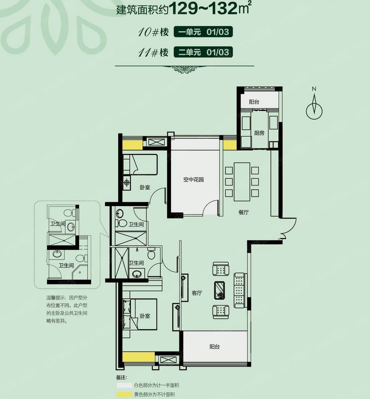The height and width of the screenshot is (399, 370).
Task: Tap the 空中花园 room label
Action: click(x=194, y=180)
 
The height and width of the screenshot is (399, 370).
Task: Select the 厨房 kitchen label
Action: click(x=259, y=133)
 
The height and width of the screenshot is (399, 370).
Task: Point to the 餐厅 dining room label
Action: click(x=244, y=212)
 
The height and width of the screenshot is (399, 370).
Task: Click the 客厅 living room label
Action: click(x=197, y=293)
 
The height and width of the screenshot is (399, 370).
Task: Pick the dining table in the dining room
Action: click(x=242, y=182)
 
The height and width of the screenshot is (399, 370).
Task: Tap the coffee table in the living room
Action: click(x=219, y=290)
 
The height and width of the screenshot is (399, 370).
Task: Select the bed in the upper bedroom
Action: click(x=140, y=165)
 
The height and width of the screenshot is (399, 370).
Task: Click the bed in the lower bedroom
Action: click(x=140, y=314)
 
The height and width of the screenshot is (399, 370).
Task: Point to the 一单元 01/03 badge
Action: click(x=203, y=32)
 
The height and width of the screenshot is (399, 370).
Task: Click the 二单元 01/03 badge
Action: click(x=203, y=52)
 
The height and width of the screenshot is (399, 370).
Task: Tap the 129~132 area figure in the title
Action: click(x=203, y=8)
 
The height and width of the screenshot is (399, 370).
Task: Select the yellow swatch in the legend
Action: click(x=125, y=394)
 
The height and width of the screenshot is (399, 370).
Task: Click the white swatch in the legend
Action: click(x=125, y=385)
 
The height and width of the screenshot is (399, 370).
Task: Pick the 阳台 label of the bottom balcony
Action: click(x=215, y=346)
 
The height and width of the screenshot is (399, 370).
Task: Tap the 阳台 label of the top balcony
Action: click(x=254, y=102)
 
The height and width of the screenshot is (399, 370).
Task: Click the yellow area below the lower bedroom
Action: click(x=139, y=357)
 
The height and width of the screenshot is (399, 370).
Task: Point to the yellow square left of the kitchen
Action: click(x=230, y=145)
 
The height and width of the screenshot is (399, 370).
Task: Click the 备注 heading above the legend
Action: click(x=121, y=377)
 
